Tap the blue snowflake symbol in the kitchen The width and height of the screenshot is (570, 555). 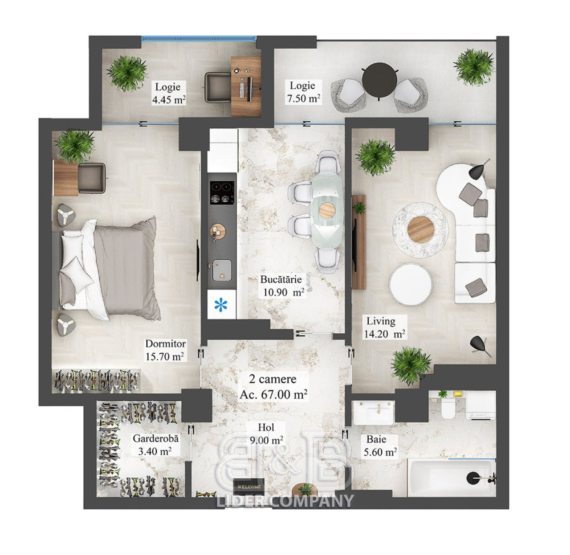pos(220,305)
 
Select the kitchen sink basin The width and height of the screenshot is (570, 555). pos(222,270)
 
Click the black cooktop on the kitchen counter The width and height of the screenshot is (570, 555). pos(222,192)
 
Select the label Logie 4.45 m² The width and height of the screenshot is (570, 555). pos(169,93)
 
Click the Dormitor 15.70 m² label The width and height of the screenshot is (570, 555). pos(165,350)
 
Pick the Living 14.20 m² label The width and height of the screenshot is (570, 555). pos(384,327)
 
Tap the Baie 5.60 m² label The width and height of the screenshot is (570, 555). pos(380,445)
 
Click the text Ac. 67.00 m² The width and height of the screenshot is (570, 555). pos(273,394)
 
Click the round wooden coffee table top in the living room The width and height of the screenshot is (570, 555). pos(421,229)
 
